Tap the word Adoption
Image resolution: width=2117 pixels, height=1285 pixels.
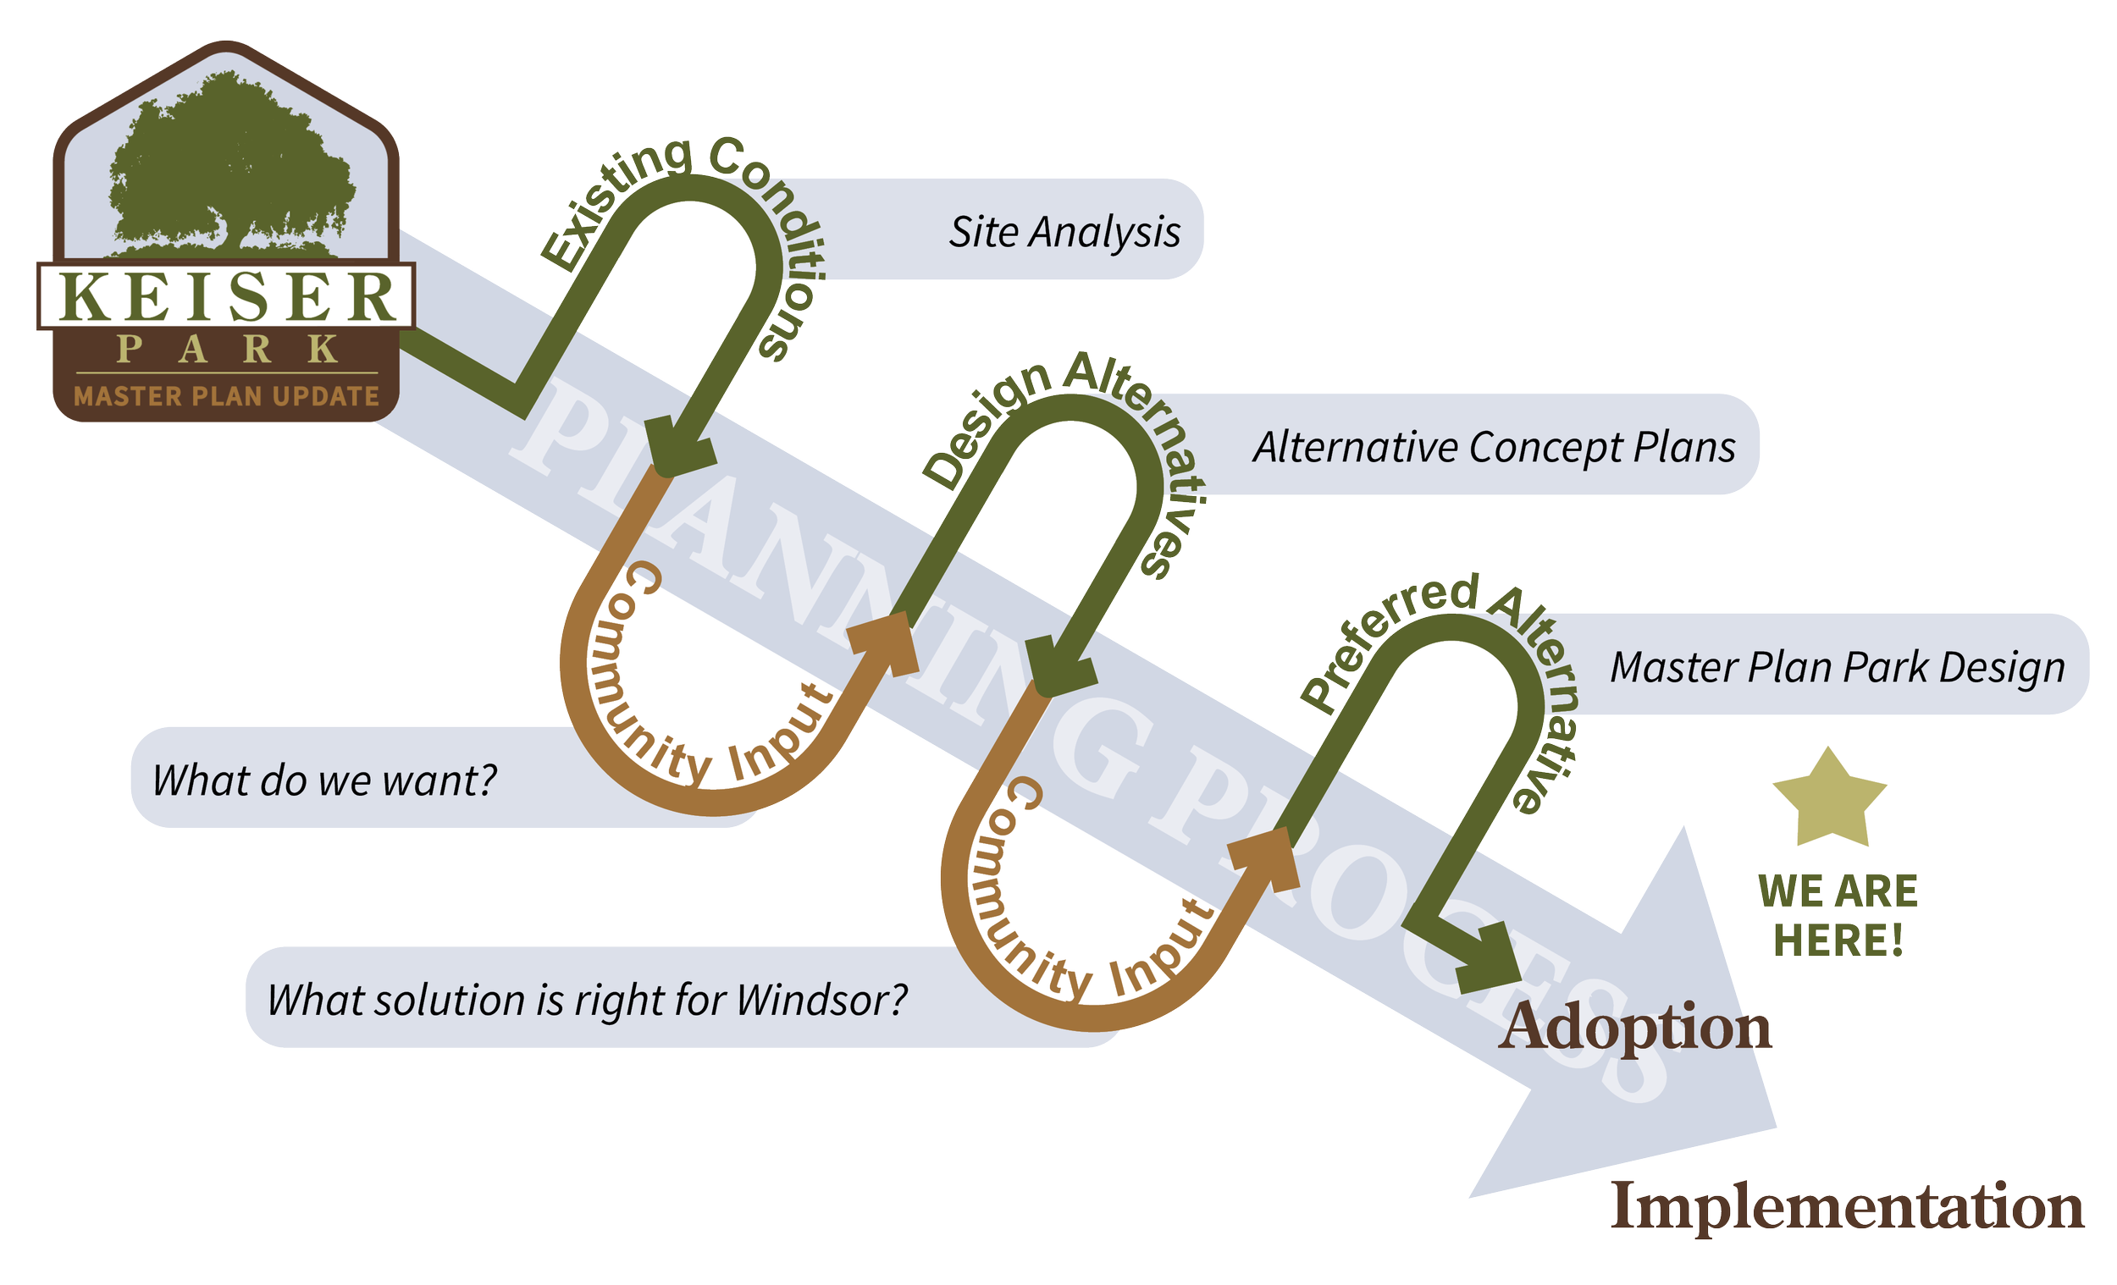click(1635, 1027)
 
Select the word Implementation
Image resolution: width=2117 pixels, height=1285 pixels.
click(1846, 1207)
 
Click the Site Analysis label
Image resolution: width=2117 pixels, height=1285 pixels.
click(1064, 232)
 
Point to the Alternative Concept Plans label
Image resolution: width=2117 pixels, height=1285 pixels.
click(1494, 447)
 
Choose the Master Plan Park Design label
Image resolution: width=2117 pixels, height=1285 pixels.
click(1837, 667)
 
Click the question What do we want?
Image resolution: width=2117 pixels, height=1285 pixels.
click(325, 780)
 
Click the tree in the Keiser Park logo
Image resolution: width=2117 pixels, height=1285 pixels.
click(229, 163)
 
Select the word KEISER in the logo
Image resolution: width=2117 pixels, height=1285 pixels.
click(227, 297)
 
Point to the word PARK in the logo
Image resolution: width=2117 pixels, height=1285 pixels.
click(227, 350)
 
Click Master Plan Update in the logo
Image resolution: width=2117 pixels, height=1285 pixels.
click(227, 397)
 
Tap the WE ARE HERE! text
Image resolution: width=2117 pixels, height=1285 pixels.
click(1837, 917)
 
